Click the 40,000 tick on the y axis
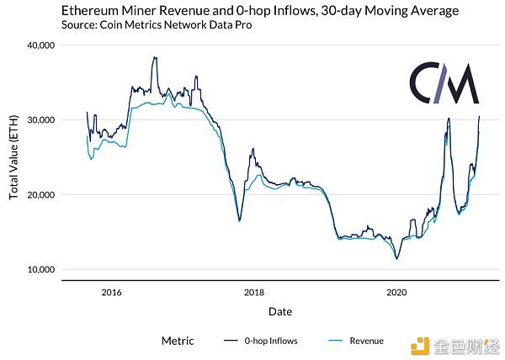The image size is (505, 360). (41, 45)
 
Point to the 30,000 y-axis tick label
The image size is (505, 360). (41, 120)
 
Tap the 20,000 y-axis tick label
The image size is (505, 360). (41, 195)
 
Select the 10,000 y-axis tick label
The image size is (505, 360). (41, 270)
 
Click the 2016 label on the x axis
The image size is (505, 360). (111, 293)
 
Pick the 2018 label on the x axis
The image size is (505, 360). (254, 293)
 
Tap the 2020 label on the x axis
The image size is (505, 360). (396, 293)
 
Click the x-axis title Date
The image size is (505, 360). (280, 311)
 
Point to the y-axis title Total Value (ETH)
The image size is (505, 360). (13, 157)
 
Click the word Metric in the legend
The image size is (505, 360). (178, 341)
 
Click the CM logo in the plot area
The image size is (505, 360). (444, 83)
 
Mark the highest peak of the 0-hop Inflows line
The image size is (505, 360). (155, 57)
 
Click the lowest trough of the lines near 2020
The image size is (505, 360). (396, 259)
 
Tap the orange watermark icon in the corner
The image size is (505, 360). (420, 347)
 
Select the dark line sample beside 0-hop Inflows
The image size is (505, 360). (231, 341)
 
